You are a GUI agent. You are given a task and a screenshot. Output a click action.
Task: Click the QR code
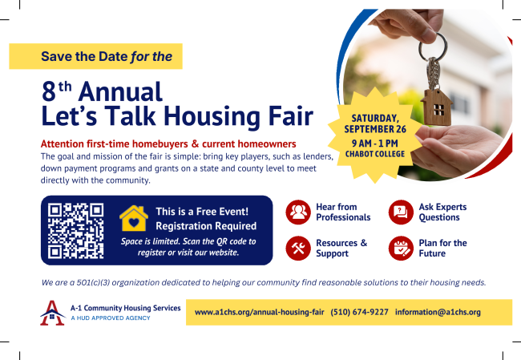click(75, 231)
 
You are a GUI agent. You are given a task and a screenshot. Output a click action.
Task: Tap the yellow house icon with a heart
click(134, 218)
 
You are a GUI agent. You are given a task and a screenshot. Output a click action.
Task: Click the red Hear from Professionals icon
click(298, 212)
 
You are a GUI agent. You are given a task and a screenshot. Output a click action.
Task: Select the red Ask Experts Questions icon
click(401, 212)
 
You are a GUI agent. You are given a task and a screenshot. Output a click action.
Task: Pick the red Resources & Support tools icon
click(298, 249)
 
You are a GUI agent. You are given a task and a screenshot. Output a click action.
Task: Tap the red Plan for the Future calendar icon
click(401, 249)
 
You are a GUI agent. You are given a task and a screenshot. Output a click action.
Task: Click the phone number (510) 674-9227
click(360, 312)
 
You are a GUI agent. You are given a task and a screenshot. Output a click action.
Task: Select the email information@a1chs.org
click(438, 312)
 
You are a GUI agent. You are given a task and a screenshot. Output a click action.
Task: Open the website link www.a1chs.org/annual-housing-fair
click(259, 312)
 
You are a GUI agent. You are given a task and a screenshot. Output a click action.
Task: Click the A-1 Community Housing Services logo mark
click(52, 313)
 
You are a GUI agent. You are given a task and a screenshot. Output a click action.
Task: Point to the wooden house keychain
click(437, 107)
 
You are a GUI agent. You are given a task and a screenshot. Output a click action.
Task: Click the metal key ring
click(433, 47)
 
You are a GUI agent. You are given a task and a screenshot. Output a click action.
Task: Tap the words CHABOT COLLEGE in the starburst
click(375, 154)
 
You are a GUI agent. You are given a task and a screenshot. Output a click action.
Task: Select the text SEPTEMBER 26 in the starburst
click(375, 129)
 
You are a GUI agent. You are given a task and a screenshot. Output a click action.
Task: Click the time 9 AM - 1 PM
click(375, 144)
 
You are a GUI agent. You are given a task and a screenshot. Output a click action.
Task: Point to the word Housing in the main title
click(212, 117)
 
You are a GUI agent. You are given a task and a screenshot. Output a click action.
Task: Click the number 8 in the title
click(49, 91)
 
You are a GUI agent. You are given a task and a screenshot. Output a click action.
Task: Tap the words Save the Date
click(84, 56)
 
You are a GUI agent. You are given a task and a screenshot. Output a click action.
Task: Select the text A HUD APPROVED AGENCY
click(111, 318)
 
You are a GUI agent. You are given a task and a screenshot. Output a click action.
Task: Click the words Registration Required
click(206, 226)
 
